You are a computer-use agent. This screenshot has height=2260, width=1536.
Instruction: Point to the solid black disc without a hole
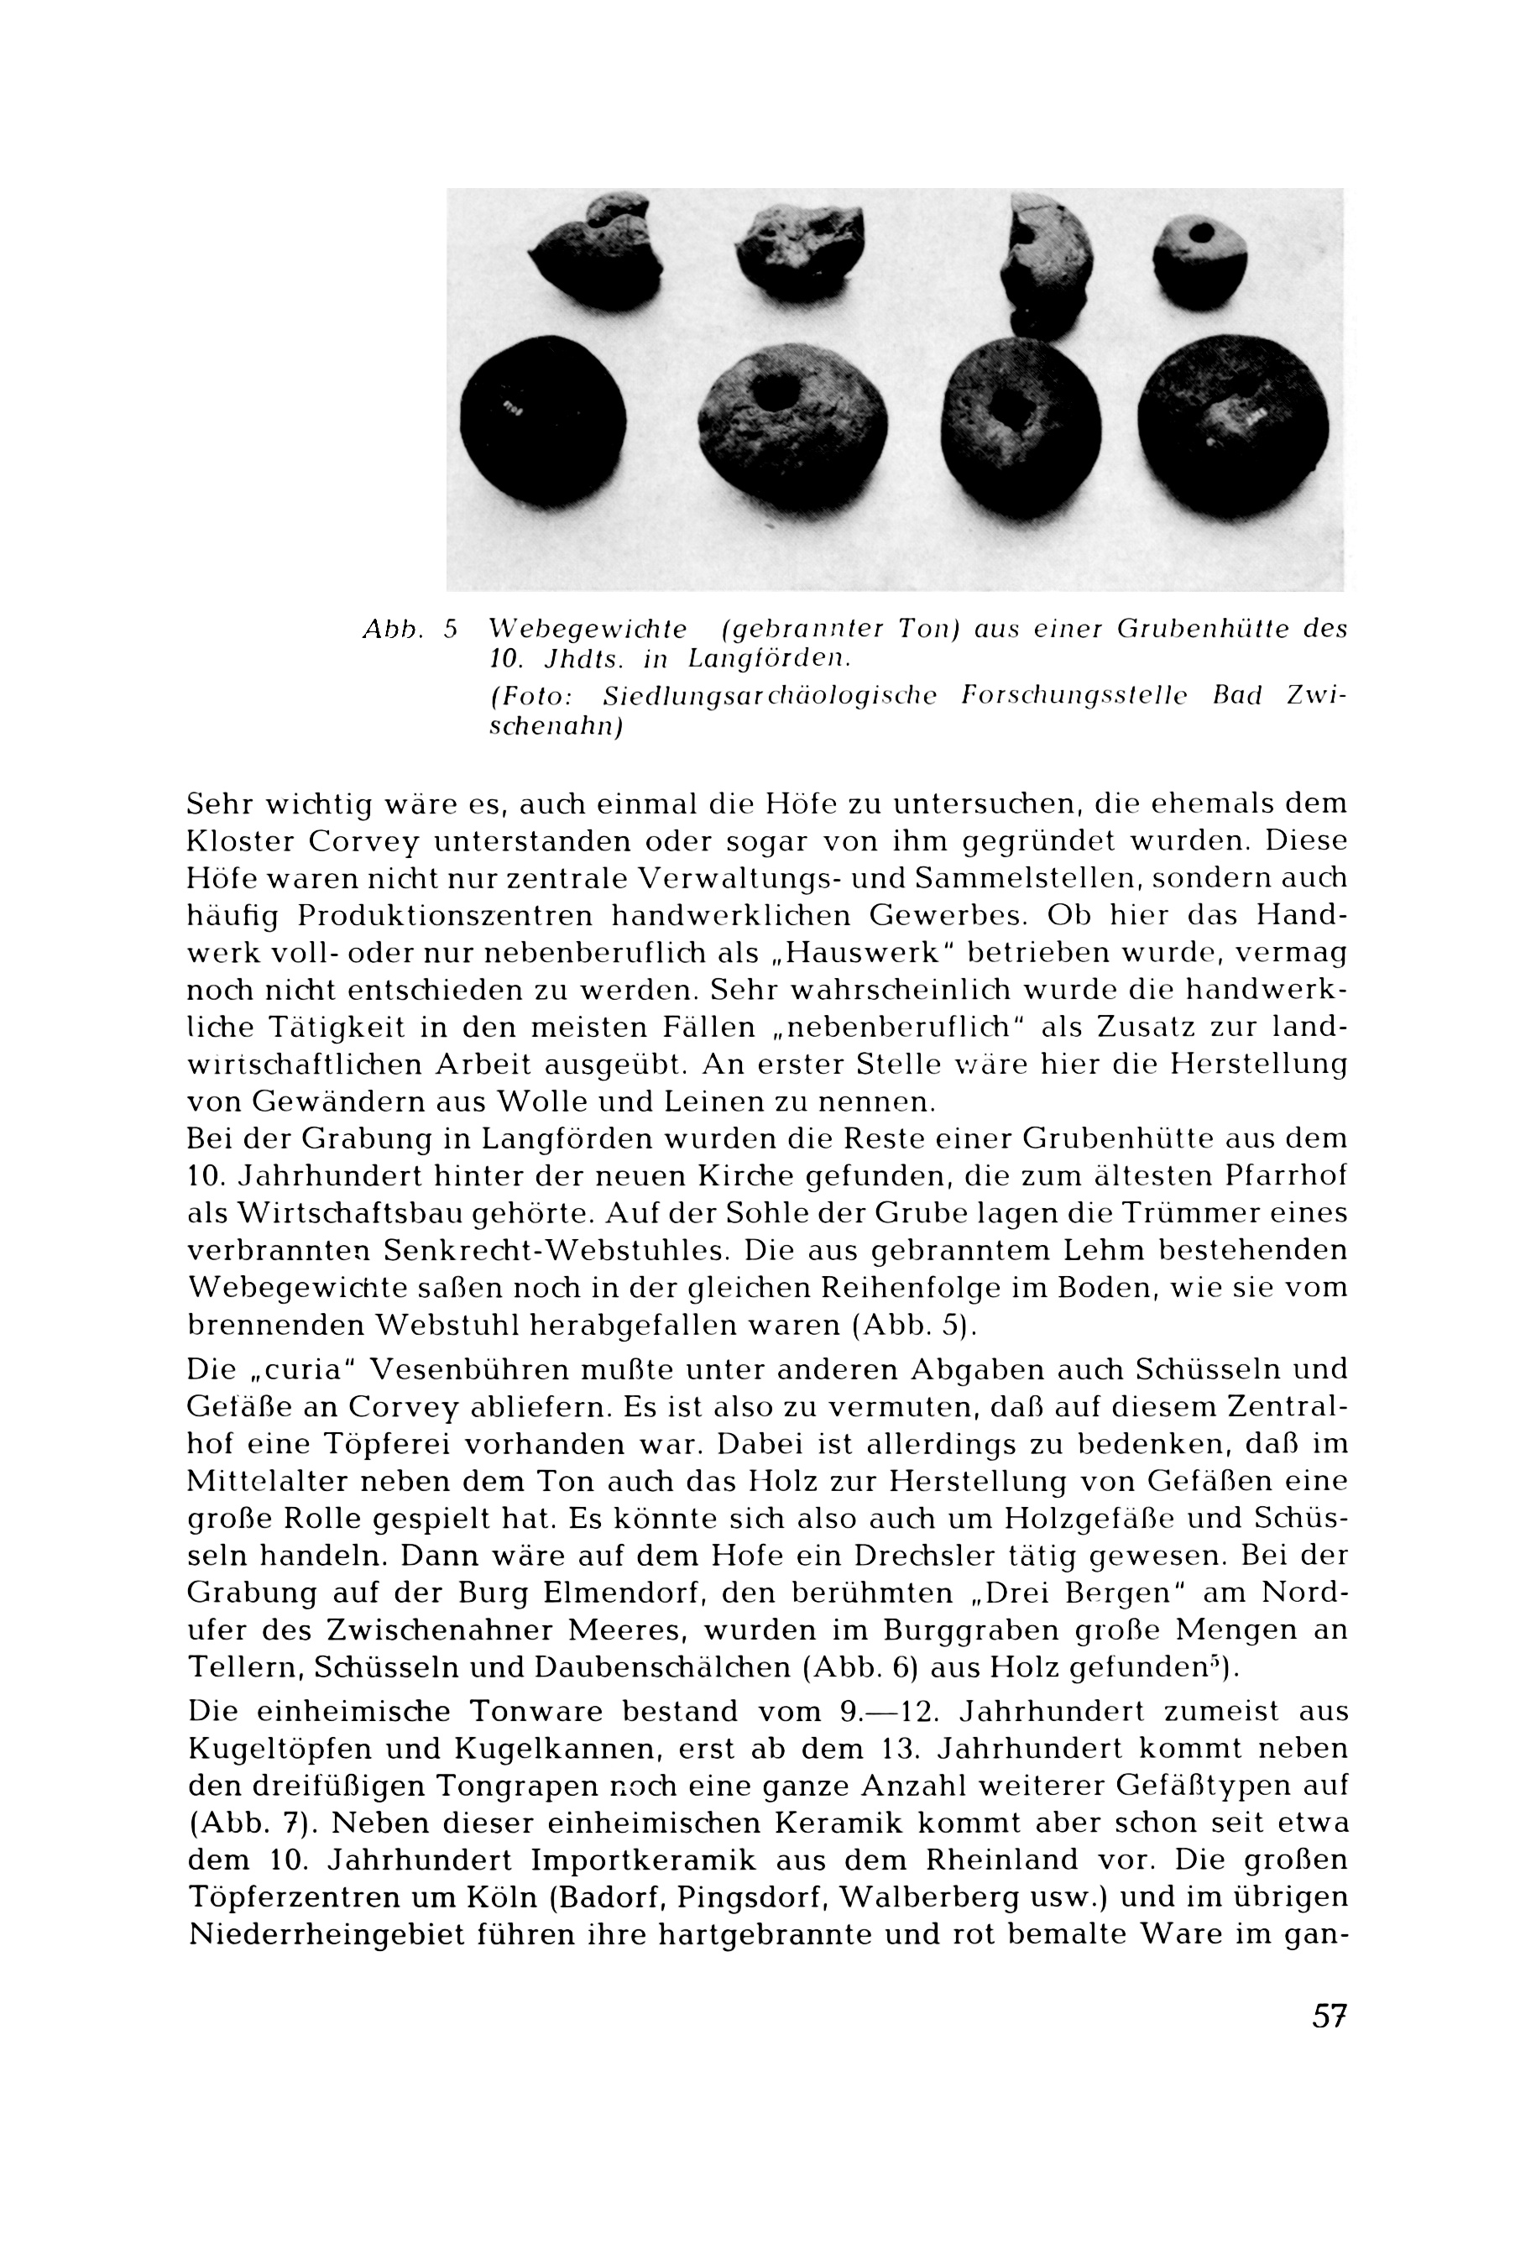click(x=541, y=412)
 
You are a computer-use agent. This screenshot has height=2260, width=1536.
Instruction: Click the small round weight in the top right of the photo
click(x=1199, y=263)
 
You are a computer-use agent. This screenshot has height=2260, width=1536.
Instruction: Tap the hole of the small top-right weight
click(x=1202, y=234)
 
